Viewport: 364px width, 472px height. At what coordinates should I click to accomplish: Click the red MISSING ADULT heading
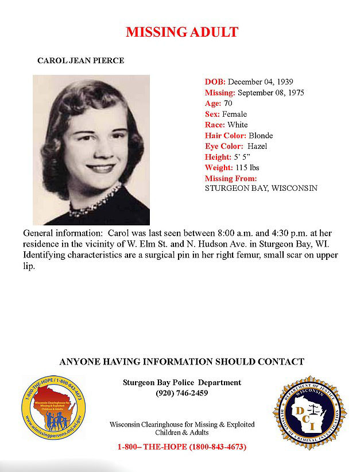182,32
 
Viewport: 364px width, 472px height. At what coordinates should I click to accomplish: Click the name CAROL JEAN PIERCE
80,60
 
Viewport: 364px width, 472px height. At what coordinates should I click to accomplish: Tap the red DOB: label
215,82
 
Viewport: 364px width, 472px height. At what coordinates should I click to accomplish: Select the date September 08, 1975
270,92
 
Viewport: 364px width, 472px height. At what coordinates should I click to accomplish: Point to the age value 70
228,103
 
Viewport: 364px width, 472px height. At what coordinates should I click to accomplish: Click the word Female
234,114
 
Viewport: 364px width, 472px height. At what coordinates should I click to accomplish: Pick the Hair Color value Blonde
261,136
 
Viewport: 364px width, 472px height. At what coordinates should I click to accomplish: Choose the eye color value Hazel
257,147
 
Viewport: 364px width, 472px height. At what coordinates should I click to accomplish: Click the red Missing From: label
231,179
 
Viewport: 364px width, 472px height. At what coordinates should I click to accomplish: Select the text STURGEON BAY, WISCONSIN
261,188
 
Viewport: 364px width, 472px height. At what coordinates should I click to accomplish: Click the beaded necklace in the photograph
95,201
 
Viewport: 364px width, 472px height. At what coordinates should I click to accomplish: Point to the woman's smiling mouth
100,167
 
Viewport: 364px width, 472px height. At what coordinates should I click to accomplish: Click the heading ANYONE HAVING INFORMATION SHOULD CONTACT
181,362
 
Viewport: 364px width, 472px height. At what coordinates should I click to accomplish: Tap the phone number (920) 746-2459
181,393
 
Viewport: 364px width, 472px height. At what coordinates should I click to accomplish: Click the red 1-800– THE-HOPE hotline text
181,447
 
